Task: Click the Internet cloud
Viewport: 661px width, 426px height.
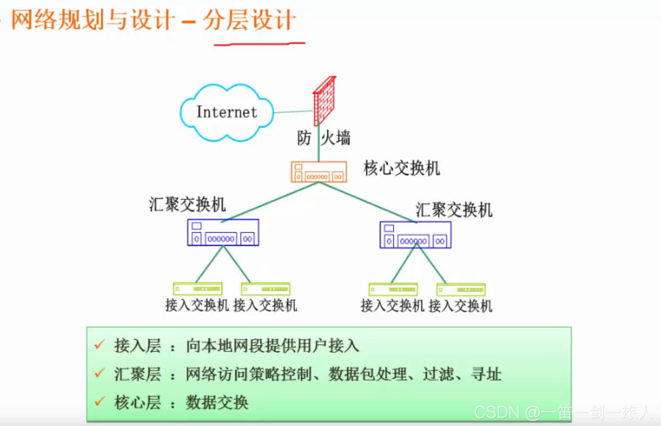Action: [226, 112]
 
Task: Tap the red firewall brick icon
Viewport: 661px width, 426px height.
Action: [324, 100]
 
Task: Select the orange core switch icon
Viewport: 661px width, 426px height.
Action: [319, 172]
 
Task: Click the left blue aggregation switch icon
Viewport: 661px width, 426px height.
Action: [223, 232]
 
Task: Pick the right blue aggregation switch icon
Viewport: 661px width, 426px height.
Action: [415, 235]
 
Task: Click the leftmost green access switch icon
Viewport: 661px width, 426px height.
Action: [197, 289]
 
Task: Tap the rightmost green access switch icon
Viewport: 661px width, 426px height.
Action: [461, 290]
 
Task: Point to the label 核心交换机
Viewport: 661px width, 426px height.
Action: [401, 168]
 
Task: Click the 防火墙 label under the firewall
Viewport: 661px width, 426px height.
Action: [324, 138]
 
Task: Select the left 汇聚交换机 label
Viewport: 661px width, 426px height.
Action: [187, 205]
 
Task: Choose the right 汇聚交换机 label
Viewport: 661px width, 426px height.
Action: [454, 210]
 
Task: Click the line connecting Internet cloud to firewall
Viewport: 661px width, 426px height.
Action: [293, 112]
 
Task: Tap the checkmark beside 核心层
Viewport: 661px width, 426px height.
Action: [100, 402]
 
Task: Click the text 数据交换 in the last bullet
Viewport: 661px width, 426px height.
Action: [217, 402]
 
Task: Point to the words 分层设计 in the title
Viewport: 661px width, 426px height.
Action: [249, 21]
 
